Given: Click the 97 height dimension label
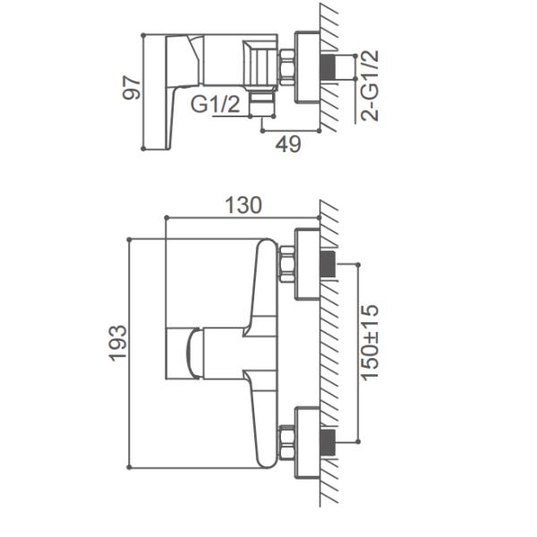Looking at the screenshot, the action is (x=132, y=88).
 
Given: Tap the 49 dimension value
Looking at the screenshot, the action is (x=288, y=144).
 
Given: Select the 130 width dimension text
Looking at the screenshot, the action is (x=243, y=205).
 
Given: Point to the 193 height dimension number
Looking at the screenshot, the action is (x=118, y=343).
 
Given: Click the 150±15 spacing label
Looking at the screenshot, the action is (x=370, y=342).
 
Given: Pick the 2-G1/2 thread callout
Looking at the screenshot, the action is (x=370, y=86).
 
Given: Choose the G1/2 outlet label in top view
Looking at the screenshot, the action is (x=215, y=104).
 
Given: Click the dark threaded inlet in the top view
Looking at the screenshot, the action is (x=328, y=66).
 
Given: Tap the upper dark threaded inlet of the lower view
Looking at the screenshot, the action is (x=328, y=264).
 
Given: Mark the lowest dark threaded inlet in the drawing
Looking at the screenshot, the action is (x=328, y=442).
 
